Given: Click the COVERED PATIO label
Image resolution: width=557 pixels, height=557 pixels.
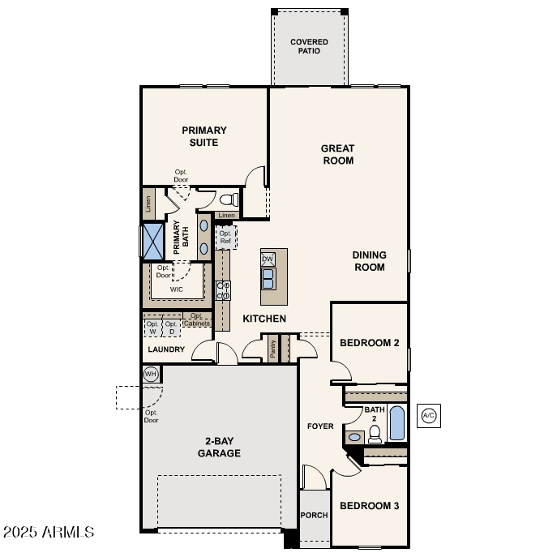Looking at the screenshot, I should tap(310, 46).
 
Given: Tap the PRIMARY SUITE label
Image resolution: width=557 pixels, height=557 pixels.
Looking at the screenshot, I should tap(204, 136).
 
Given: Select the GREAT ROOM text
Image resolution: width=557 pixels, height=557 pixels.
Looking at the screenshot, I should tap(338, 154).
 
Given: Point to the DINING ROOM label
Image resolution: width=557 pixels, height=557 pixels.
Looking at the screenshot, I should tap(369, 261).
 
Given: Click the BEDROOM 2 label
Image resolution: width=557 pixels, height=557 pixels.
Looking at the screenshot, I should tap(369, 343).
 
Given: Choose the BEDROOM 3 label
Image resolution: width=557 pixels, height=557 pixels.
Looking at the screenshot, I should tap(369, 506).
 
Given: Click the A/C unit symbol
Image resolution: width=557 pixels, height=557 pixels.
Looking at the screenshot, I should tap(429, 416).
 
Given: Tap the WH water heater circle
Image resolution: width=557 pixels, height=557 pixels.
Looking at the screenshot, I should tap(151, 374).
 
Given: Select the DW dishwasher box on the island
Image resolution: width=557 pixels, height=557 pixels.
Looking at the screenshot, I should tap(268, 259).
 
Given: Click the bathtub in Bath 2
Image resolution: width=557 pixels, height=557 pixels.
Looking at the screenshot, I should tap(396, 423).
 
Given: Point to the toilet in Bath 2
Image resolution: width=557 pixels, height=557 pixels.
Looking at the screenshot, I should tap(375, 435).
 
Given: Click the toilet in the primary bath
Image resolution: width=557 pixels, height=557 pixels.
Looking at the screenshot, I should tap(228, 199).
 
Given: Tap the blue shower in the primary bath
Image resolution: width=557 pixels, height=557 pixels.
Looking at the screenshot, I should tap(152, 241).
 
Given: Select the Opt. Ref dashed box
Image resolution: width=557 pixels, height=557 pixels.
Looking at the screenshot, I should tap(225, 238).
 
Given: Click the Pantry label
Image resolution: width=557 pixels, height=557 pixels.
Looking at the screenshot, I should tap(273, 348).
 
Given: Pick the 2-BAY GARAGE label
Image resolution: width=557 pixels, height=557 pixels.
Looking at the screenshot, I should tap(219, 447).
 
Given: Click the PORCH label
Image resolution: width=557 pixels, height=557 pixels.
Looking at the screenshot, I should tap(314, 515).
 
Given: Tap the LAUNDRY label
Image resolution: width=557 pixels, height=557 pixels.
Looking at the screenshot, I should tap(166, 349).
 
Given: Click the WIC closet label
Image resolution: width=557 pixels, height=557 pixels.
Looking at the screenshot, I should tap(176, 289).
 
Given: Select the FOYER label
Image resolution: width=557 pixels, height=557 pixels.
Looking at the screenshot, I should tap(319, 426).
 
